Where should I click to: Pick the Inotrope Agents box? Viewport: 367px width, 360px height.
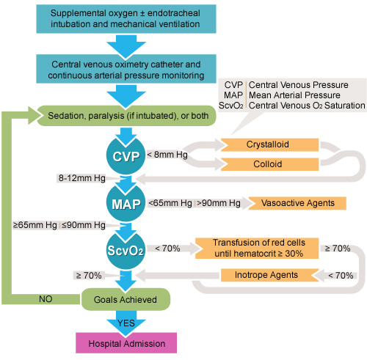pos(260,276)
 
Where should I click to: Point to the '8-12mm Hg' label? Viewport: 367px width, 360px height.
pos(81,178)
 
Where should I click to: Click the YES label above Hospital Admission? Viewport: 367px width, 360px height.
pos(126,322)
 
